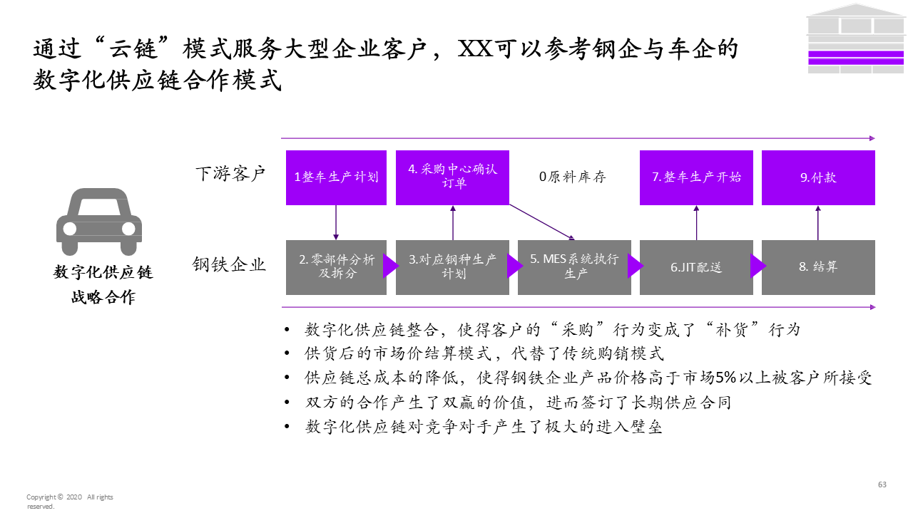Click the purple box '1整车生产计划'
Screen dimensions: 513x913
pos(336,177)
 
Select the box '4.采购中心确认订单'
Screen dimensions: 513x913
pos(452,177)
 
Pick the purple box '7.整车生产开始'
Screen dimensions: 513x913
pos(696,177)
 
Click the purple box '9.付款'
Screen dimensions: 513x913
pos(818,177)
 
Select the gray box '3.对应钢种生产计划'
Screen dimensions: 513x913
pos(452,266)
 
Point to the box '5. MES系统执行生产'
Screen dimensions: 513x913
pos(574,266)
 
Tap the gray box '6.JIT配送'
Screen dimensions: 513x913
pos(696,266)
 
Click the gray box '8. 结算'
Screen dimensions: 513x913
pos(818,266)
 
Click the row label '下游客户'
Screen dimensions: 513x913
pos(230,173)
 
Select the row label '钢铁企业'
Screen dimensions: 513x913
pos(229,265)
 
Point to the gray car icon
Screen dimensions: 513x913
pos(99,222)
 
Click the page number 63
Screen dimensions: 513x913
pos(882,484)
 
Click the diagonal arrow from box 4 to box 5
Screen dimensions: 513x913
pos(542,222)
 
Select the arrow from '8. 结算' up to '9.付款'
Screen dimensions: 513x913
pos(818,222)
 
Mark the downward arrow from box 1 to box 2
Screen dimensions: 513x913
pos(336,222)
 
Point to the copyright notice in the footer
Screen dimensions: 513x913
pos(69,502)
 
